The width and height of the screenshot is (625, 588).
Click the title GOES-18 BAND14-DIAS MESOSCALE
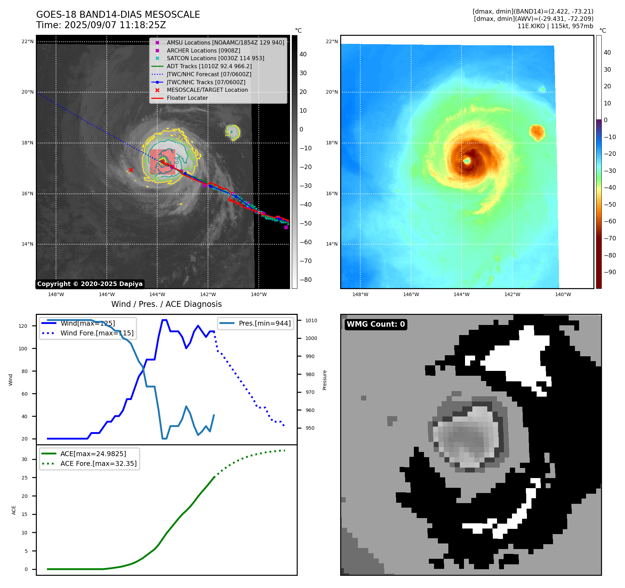tap(118, 15)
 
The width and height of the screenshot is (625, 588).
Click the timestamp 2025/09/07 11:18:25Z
tap(115, 25)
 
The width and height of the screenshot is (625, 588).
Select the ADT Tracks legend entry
tap(209, 66)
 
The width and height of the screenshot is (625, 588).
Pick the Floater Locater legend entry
tap(187, 98)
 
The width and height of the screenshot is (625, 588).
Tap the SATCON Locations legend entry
tap(215, 58)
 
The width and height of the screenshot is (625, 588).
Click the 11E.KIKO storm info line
tap(555, 26)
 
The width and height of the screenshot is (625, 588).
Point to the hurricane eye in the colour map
tap(467, 161)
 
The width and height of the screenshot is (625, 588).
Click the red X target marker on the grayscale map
tap(131, 170)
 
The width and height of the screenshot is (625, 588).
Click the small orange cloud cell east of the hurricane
tap(537, 132)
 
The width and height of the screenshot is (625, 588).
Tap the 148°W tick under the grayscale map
tap(56, 295)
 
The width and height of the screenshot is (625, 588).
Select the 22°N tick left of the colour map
tap(331, 42)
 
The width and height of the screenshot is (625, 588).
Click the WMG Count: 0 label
tap(376, 324)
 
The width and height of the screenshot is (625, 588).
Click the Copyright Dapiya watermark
tap(90, 284)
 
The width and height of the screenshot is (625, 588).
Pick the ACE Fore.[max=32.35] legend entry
tap(98, 464)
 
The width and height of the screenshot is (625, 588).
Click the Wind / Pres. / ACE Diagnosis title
tap(166, 304)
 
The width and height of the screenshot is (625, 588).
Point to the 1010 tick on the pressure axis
tap(311, 320)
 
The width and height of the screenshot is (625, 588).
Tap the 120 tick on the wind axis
tap(23, 326)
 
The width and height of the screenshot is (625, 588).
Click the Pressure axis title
tap(324, 380)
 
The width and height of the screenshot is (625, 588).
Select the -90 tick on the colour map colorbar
tap(610, 272)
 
